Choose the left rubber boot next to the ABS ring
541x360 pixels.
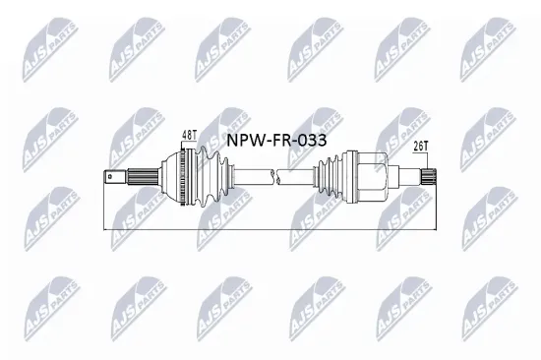point(208,178)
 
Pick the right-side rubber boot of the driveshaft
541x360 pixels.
point(328,178)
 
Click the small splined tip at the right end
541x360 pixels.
point(430,178)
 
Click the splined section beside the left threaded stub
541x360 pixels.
point(135,178)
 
